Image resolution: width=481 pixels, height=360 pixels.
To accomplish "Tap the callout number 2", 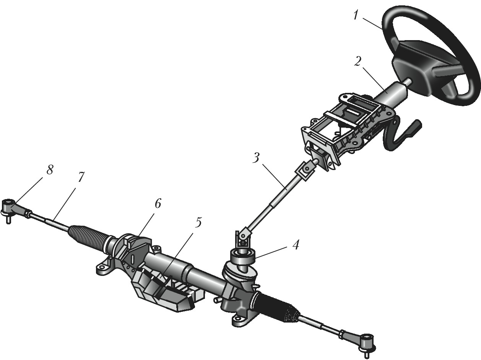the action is [x=357, y=62].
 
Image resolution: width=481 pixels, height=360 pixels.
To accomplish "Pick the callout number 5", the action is [x=198, y=223].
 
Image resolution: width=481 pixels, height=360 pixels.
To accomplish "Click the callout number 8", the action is [x=50, y=169].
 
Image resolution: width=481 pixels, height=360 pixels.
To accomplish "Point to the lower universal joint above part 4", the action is [x=243, y=239].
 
